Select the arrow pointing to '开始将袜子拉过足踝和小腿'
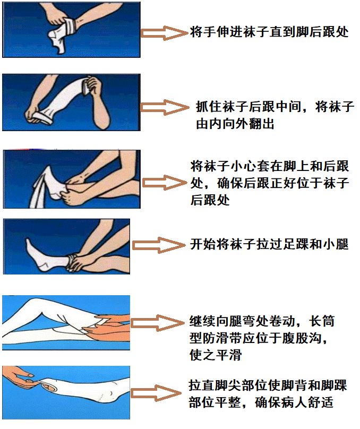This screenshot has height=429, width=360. [157, 245]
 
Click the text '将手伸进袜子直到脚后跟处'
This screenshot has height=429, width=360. [269, 32]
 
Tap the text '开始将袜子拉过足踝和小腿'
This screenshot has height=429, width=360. [269, 245]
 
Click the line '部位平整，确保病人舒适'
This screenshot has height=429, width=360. [261, 402]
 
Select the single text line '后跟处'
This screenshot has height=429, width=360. [210, 201]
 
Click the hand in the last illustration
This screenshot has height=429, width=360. [21, 378]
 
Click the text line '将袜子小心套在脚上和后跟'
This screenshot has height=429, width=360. [269, 167]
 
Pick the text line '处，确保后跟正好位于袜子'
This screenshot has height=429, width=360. [269, 184]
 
